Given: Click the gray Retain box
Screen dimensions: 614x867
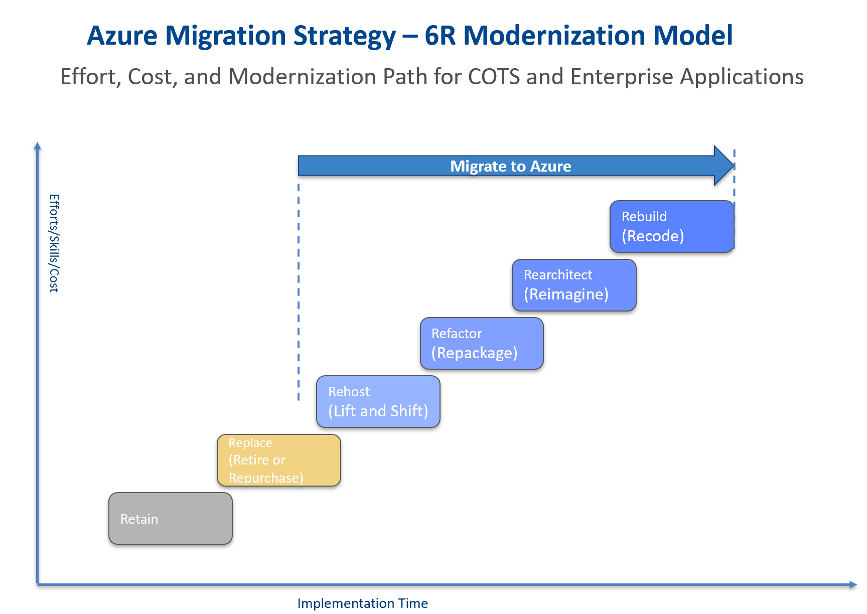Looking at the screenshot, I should point(170,518).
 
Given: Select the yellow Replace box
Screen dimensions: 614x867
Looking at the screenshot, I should point(278,460).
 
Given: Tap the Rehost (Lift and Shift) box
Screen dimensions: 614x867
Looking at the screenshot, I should point(378,401).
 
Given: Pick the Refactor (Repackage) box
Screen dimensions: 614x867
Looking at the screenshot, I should point(482,343).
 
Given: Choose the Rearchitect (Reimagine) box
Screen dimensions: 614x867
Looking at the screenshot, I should point(574,285).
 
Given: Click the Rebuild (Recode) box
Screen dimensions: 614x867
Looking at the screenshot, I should point(671,226).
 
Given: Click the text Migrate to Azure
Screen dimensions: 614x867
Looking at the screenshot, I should point(510,166).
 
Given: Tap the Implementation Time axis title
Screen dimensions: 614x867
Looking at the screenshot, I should point(362,603).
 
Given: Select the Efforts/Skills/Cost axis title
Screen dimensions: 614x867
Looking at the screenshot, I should point(54,243).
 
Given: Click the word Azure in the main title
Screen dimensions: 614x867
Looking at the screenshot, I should point(122,36).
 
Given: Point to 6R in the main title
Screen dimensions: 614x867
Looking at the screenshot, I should point(440,36).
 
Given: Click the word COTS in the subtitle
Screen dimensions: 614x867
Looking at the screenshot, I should point(494,77).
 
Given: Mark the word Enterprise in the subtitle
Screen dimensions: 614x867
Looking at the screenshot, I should point(622,77).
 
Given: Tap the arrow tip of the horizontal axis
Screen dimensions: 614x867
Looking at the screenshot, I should point(853,584).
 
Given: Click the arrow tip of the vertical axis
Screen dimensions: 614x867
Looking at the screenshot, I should point(37,145).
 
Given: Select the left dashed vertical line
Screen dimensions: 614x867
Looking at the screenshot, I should point(299,291).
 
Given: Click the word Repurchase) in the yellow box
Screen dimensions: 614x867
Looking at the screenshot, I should point(266,478).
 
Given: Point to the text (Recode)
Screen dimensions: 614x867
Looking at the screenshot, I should point(653,236).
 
